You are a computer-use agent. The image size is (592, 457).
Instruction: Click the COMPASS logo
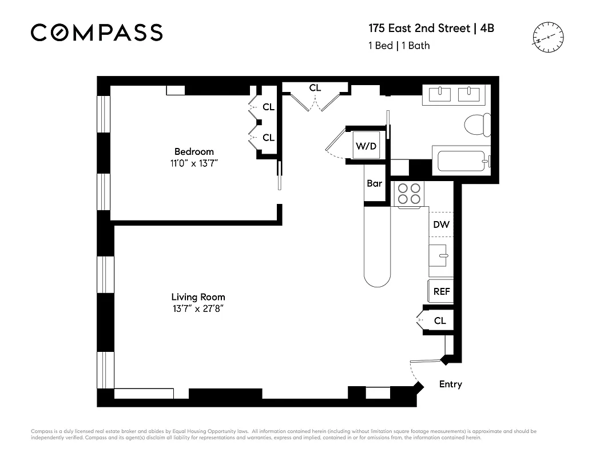coord(97,33)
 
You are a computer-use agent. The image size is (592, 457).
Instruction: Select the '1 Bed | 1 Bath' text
coord(399,46)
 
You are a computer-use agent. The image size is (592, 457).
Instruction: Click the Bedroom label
coord(194,151)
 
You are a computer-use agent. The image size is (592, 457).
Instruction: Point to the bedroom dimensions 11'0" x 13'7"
coord(194,163)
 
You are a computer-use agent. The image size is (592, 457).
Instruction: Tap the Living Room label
coord(198,297)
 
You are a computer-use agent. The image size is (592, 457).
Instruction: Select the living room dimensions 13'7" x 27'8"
coord(198,309)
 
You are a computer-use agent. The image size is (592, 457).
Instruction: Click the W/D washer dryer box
coord(367,146)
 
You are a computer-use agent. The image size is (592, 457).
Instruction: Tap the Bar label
coord(375,183)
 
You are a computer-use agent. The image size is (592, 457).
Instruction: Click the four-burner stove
coord(409,193)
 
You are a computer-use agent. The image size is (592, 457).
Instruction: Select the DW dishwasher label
coord(441,225)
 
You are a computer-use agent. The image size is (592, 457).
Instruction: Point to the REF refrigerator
coord(441,291)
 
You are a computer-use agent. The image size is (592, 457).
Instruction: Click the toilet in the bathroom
coord(476,125)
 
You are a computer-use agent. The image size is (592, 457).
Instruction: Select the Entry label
coord(450,384)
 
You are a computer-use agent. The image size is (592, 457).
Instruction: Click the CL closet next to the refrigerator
coord(439,320)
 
